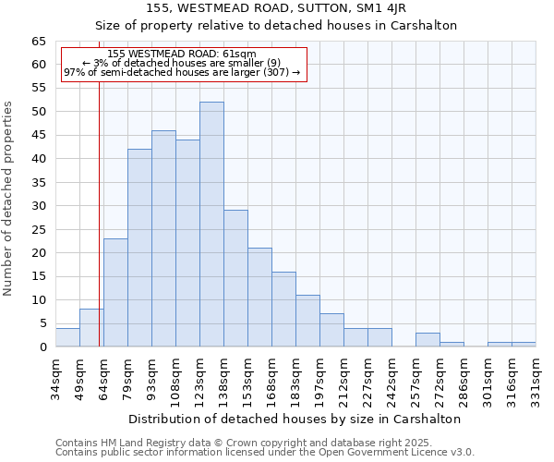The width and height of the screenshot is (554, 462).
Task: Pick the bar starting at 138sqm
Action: (235, 278)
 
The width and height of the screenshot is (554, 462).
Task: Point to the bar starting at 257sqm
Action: (428, 340)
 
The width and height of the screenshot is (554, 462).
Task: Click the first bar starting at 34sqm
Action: (67, 337)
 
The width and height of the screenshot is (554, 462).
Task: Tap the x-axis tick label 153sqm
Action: (247, 379)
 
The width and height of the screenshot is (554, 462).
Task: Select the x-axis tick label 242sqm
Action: (391, 379)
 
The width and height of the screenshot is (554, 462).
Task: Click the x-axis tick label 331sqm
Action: (536, 379)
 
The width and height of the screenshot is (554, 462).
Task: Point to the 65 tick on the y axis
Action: (39, 42)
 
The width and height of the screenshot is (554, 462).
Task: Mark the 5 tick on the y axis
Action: (42, 323)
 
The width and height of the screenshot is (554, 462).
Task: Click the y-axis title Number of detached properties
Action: (9, 199)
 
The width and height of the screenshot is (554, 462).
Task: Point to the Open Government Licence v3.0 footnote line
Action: (264, 453)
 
